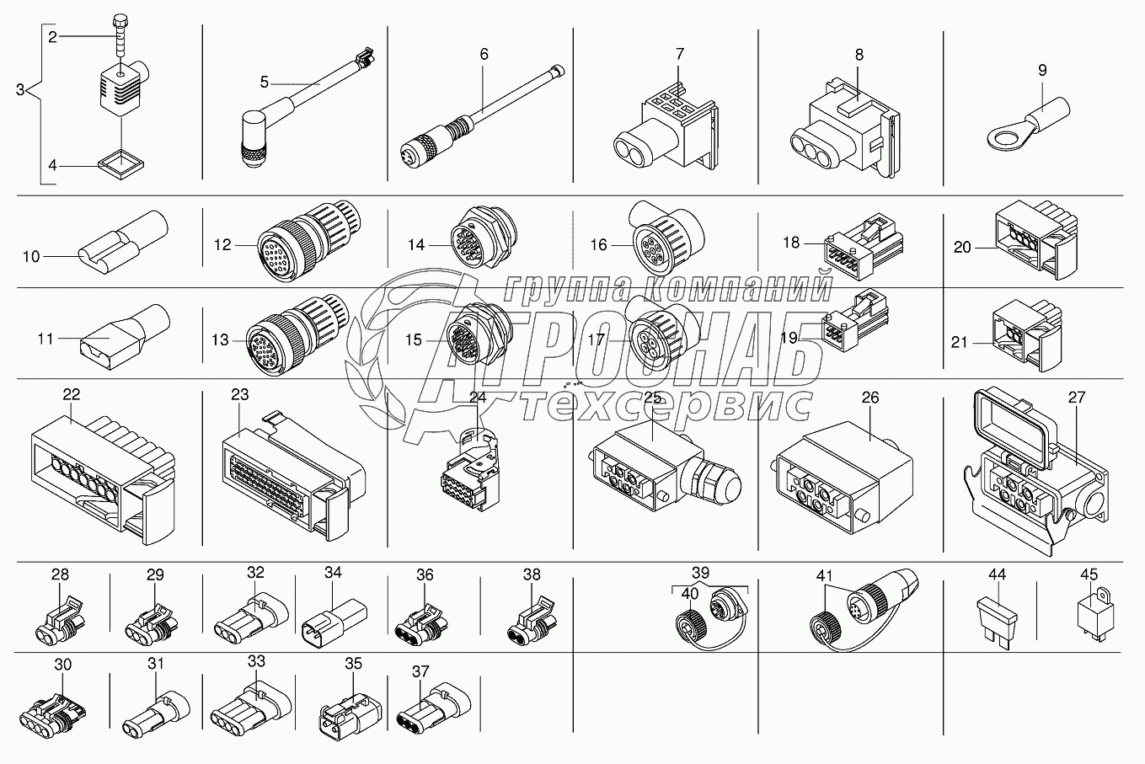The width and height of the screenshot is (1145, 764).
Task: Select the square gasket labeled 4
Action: tap(121, 165)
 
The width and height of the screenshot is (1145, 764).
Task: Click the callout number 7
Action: tap(679, 54)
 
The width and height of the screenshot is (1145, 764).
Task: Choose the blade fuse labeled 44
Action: tap(997, 623)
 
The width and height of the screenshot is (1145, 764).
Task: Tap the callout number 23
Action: tap(240, 394)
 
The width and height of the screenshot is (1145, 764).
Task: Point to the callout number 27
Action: tap(1077, 397)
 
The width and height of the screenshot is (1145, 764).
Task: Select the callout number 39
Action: tap(701, 572)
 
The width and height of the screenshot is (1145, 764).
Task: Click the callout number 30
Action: tap(63, 665)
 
